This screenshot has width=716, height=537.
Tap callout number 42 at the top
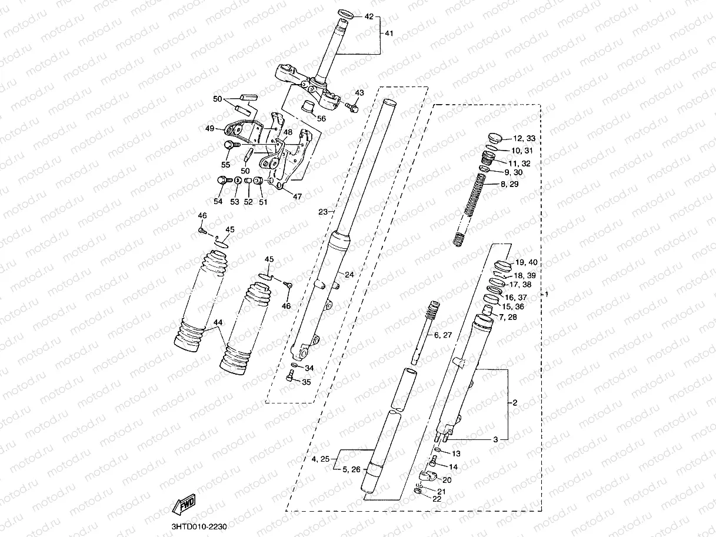pos(369,16)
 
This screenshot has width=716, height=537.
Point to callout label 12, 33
pos(524,139)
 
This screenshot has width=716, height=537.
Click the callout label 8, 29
pos(510,185)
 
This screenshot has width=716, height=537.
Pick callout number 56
pos(321,118)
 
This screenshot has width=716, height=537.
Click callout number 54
pos(218,201)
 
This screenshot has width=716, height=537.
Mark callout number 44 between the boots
pos(218,322)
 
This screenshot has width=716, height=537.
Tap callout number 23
pos(322,212)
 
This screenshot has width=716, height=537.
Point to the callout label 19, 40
pos(525,262)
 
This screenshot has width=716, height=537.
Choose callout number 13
pos(456,453)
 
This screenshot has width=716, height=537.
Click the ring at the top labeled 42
pos(346,13)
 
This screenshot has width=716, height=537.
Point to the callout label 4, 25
pos(321,458)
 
